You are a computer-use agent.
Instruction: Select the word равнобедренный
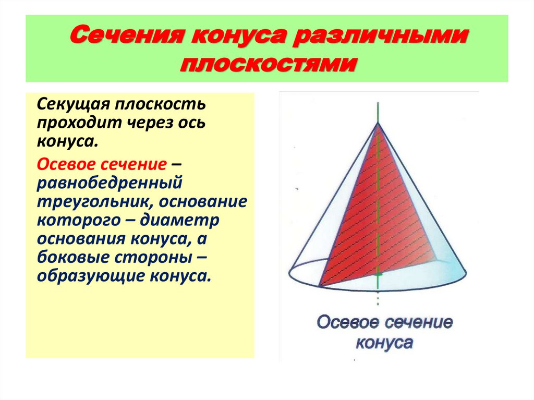109,184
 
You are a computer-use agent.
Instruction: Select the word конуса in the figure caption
384,343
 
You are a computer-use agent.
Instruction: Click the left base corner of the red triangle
319,286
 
